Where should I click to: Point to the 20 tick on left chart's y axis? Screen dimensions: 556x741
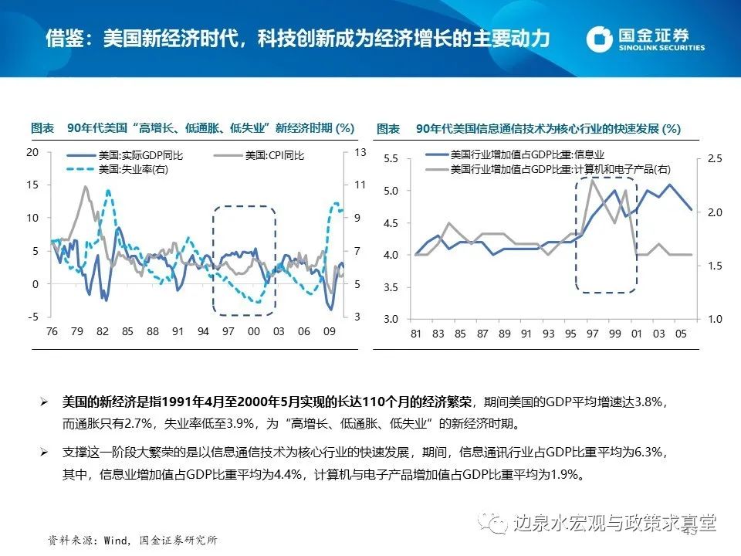click(32, 152)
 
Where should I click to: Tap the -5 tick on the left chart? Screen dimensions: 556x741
click(33, 317)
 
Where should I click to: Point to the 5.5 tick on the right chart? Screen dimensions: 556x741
click(390, 158)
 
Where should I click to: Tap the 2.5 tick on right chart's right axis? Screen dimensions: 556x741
click(714, 158)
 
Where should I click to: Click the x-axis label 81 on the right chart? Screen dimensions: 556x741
click(417, 334)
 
